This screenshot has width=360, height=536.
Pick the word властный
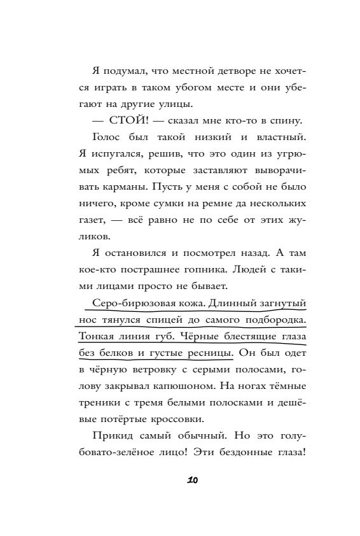tap(260, 138)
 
